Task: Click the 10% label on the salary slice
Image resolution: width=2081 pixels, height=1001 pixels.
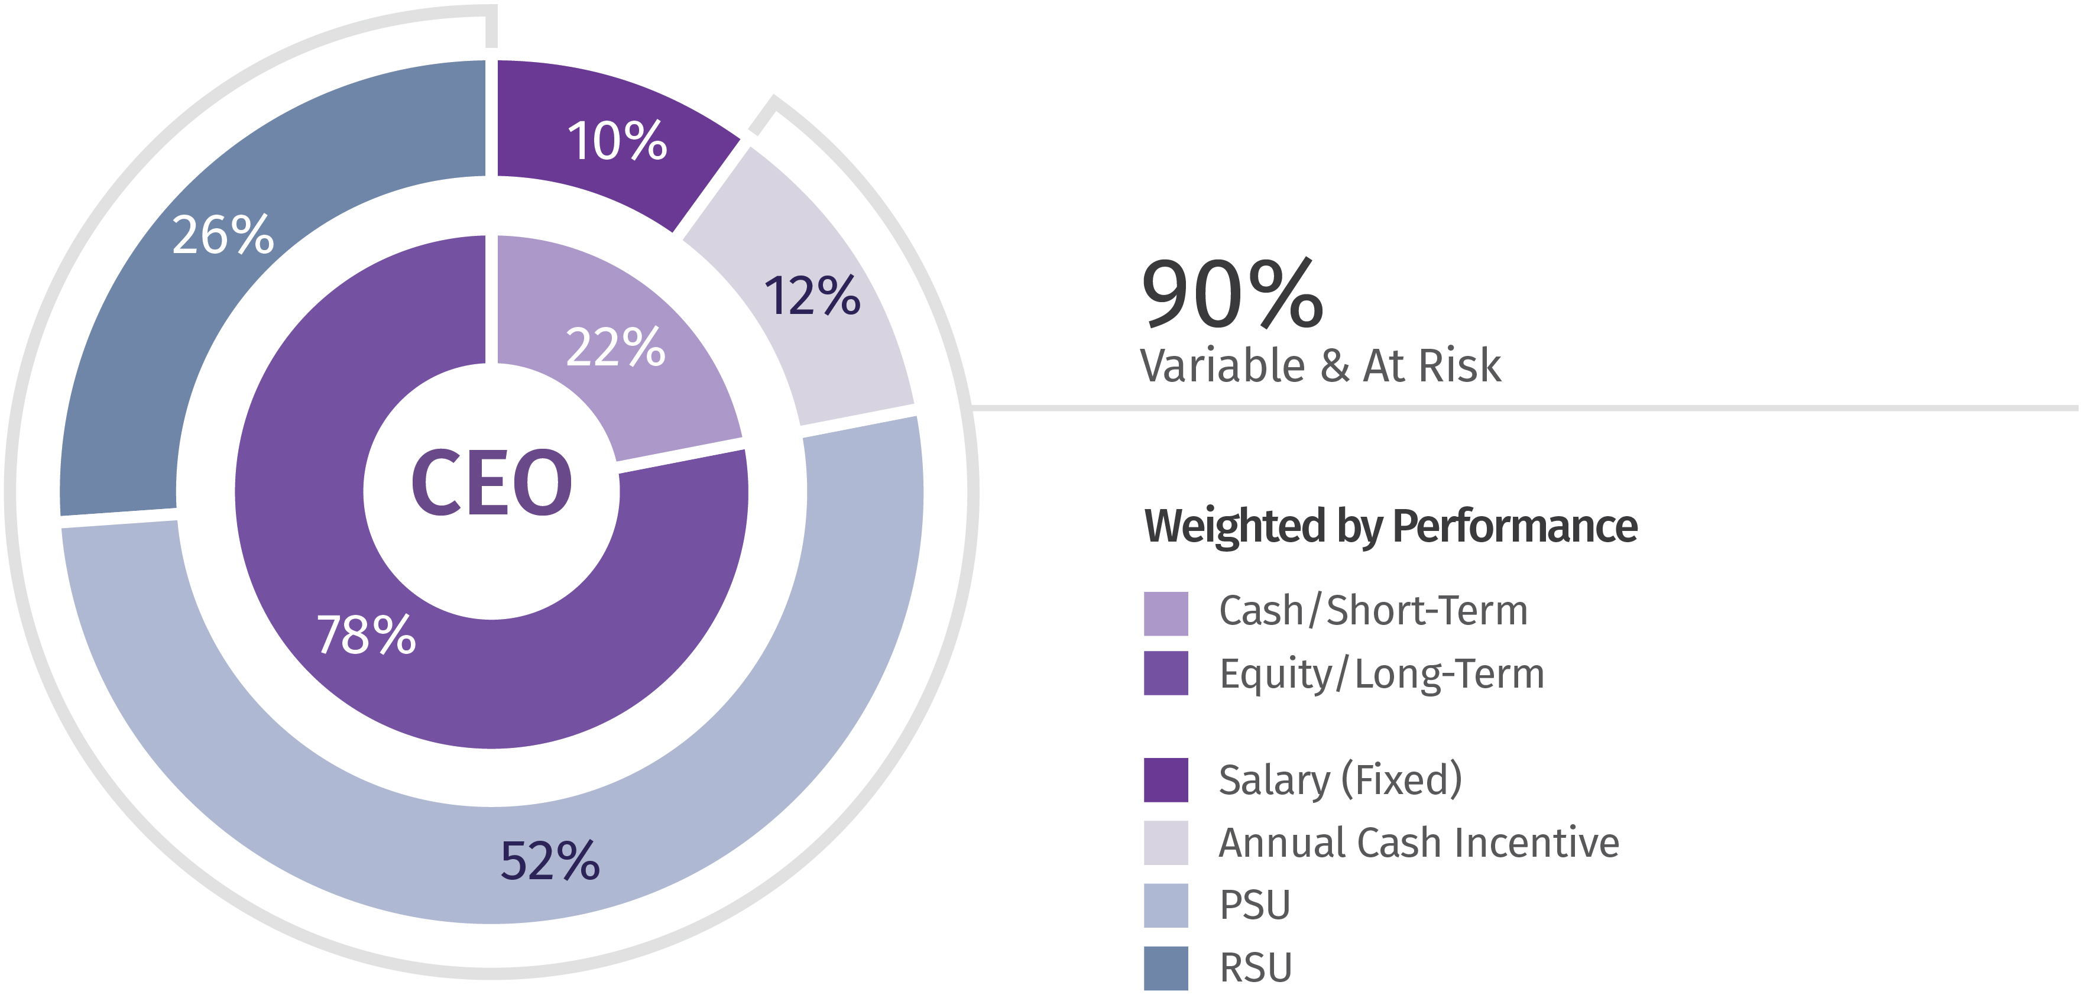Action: pos(617,141)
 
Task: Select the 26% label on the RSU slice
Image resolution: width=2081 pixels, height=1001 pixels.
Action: pos(223,235)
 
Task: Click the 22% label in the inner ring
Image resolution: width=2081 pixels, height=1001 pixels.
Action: pos(615,348)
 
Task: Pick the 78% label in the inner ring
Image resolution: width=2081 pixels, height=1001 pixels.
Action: pos(366,634)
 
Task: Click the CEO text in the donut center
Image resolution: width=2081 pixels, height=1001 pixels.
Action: pos(491,482)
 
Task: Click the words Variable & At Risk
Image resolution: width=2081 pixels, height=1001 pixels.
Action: pos(1320,365)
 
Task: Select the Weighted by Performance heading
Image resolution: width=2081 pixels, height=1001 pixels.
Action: pos(1390,526)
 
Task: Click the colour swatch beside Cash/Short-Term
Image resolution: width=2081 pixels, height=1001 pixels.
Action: pos(1166,613)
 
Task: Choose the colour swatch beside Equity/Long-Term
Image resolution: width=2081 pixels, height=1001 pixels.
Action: pos(1166,673)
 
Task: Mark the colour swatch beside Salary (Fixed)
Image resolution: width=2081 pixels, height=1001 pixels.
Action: pos(1166,780)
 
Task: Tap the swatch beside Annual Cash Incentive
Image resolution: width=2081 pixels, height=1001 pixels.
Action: pos(1166,843)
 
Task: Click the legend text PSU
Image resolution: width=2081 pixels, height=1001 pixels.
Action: pos(1255,905)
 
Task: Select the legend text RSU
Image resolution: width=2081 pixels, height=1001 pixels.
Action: pos(1255,968)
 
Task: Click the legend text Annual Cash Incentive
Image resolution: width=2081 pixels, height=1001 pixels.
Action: pos(1419,843)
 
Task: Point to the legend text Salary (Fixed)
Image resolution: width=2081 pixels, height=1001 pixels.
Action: pos(1340,780)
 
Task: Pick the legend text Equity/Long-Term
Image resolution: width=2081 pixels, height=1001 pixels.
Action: pos(1382,674)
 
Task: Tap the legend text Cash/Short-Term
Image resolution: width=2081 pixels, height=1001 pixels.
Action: pos(1373,611)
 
